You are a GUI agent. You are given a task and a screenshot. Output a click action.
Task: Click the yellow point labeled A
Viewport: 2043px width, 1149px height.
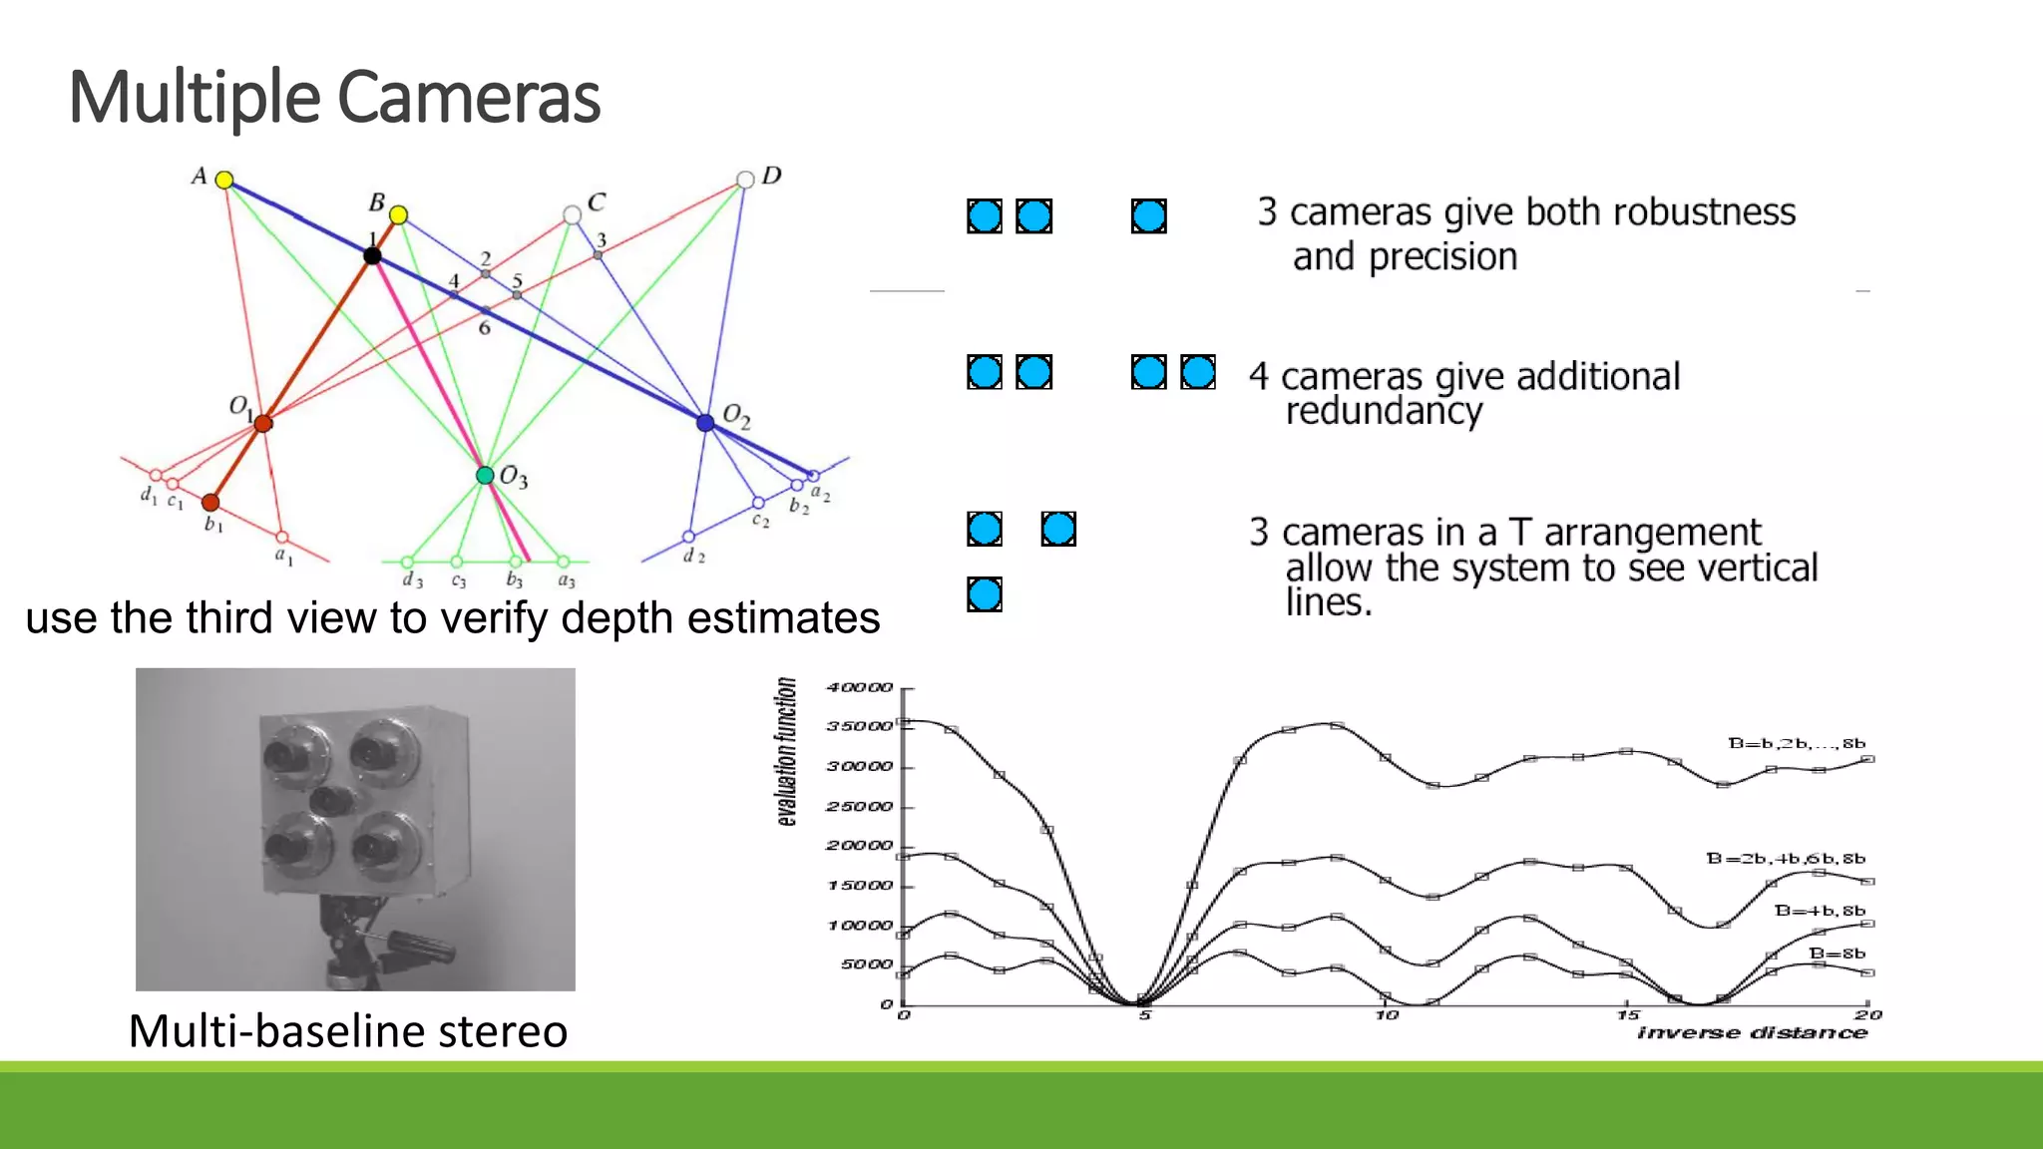[x=224, y=180]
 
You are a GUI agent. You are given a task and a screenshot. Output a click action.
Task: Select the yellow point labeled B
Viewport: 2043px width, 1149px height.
[x=398, y=214]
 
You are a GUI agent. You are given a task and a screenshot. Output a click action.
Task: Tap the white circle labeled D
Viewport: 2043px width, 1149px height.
[x=745, y=180]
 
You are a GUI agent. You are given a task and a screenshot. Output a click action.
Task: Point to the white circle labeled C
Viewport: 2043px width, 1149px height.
[x=572, y=214]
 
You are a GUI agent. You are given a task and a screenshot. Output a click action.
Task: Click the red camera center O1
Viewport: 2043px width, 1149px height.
[x=262, y=424]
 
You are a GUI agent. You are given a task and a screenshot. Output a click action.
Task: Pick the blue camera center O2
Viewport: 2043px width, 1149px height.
[x=705, y=423]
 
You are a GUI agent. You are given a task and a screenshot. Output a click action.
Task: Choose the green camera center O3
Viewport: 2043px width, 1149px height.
[x=485, y=475]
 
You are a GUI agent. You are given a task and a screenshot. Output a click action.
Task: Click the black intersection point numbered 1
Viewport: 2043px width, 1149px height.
[x=372, y=256]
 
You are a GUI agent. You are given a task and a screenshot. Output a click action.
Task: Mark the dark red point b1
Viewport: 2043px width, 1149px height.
[x=210, y=502]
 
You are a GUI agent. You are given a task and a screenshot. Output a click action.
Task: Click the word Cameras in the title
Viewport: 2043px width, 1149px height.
[x=469, y=98]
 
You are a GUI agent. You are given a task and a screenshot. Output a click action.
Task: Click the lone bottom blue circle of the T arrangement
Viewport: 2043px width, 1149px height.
[x=985, y=594]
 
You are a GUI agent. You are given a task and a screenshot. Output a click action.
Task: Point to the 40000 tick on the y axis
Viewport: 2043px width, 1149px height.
[x=859, y=687]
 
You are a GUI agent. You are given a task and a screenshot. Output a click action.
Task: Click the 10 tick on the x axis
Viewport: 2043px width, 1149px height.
[x=1387, y=1015]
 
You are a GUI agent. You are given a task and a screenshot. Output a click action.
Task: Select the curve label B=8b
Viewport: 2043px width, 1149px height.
[x=1837, y=954]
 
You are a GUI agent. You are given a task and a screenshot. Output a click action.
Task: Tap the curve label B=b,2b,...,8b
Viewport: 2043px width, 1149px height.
[x=1796, y=743]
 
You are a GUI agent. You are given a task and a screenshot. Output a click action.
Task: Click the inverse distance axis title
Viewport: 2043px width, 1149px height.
[x=1752, y=1033]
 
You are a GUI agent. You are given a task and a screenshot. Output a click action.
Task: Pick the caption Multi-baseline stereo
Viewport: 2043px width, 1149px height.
[x=348, y=1030]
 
